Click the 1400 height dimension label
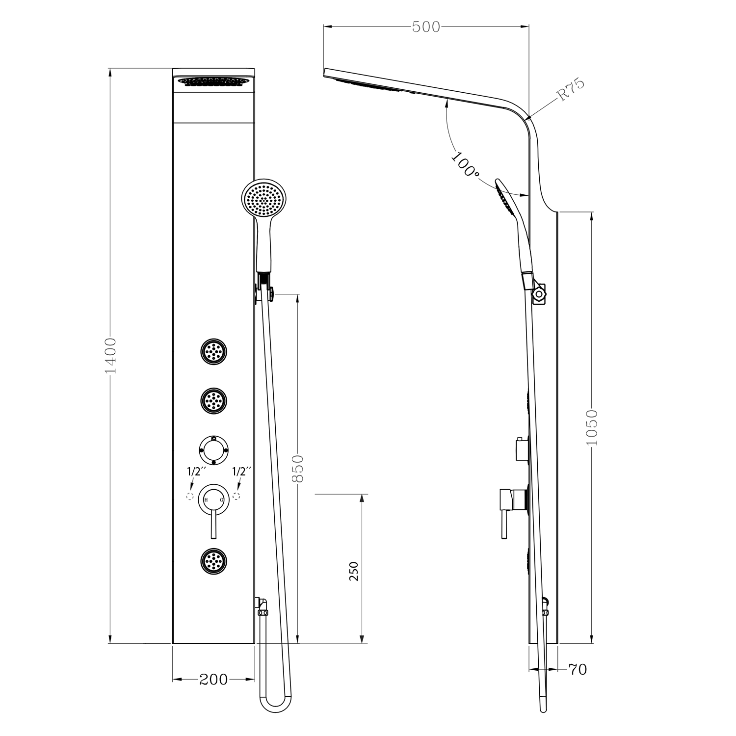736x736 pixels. tap(111, 355)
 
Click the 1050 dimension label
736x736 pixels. tap(592, 427)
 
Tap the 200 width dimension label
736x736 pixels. tap(213, 679)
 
